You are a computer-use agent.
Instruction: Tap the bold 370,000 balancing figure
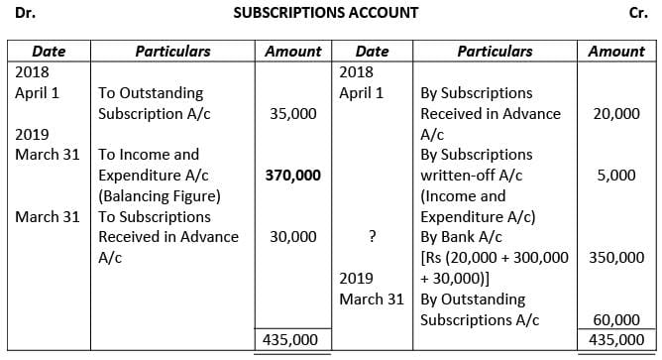pyautogui.click(x=292, y=175)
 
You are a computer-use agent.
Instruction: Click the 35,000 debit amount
pyautogui.click(x=293, y=113)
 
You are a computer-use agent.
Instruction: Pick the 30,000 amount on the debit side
pyautogui.click(x=293, y=236)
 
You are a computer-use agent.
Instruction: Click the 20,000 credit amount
pyautogui.click(x=615, y=113)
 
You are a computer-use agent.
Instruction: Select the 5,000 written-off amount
pyautogui.click(x=624, y=175)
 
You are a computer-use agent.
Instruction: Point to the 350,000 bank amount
pyautogui.click(x=615, y=257)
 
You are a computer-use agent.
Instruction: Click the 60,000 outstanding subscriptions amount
pyautogui.click(x=615, y=318)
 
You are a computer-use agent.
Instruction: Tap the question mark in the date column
pyautogui.click(x=370, y=236)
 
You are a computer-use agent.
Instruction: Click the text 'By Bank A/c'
pyautogui.click(x=461, y=236)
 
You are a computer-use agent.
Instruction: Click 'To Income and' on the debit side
pyautogui.click(x=149, y=155)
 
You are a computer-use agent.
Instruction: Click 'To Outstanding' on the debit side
pyautogui.click(x=148, y=93)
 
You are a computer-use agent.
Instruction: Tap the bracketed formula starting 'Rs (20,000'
pyautogui.click(x=495, y=257)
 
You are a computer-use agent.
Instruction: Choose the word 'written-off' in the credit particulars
pyautogui.click(x=458, y=175)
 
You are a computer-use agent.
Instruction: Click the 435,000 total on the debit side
pyautogui.click(x=292, y=338)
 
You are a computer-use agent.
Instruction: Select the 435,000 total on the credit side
pyautogui.click(x=615, y=338)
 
